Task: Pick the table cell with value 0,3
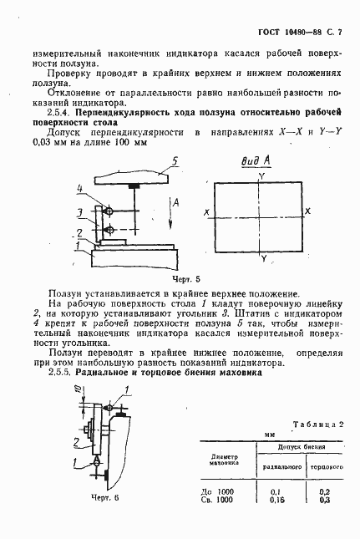point(325,500)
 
